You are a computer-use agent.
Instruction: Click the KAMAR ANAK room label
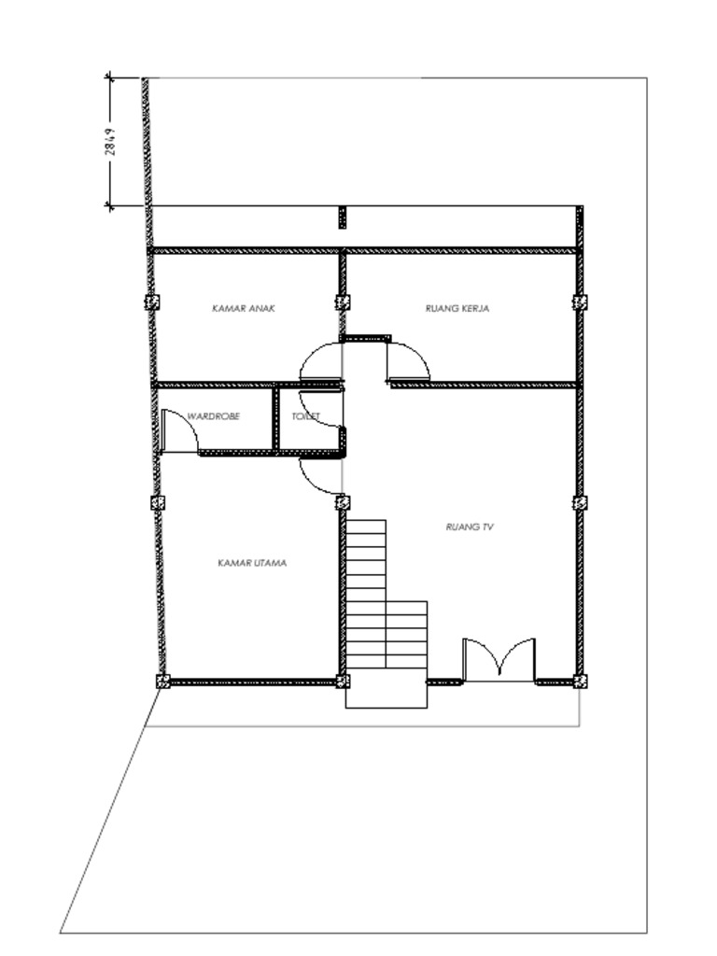click(245, 307)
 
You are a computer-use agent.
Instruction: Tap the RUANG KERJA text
click(457, 307)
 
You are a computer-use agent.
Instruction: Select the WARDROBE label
click(213, 416)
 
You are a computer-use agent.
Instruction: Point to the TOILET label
click(306, 416)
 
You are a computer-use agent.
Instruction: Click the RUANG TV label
click(470, 527)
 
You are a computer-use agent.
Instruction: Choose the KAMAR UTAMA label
click(251, 563)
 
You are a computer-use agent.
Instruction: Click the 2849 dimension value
click(110, 142)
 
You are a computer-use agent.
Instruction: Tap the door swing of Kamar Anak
click(318, 361)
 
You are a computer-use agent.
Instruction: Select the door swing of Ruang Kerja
click(409, 361)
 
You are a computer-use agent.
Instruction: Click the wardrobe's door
click(179, 432)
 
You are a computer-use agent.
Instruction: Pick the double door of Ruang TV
click(499, 659)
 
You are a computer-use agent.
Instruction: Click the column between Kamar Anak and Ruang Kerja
click(343, 302)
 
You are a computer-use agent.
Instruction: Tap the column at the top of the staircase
click(343, 502)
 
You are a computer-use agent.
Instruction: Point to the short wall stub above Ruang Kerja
click(342, 218)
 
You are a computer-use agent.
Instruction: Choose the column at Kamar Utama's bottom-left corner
click(162, 682)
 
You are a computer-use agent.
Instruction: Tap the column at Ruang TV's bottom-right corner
click(580, 682)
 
